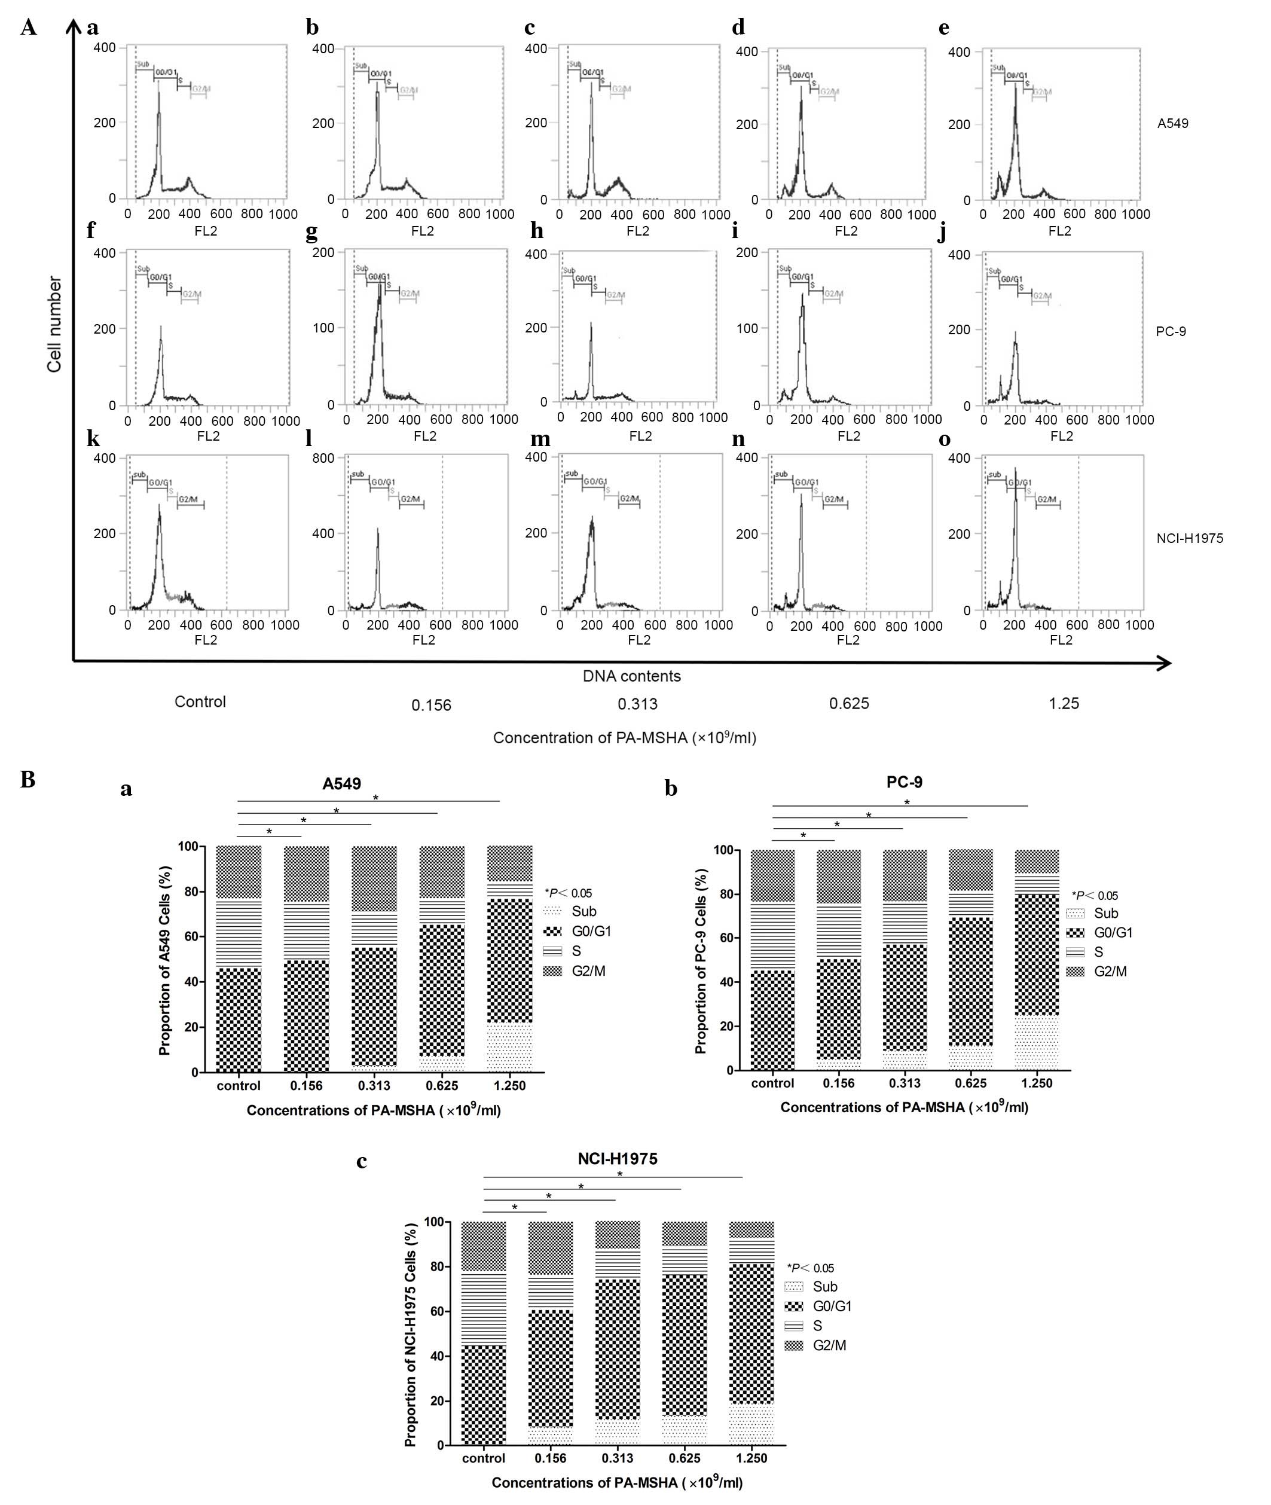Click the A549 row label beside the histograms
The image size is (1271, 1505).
pos(1172,123)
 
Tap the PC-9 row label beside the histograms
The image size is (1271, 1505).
pos(1170,331)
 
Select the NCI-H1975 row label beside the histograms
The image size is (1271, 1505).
pos(1189,538)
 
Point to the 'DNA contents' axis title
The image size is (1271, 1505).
pos(631,676)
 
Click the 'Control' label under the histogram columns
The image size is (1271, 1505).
pos(200,702)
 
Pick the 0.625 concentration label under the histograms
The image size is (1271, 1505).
pos(849,703)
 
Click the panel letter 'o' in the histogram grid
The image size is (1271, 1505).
pos(945,439)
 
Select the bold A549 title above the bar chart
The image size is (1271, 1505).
pos(341,783)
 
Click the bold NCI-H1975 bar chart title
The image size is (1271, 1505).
pos(617,1158)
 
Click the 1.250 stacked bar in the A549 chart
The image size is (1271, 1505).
pos(510,958)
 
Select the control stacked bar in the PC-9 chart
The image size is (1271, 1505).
pos(772,960)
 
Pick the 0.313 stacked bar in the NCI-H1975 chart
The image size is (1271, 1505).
pos(618,1333)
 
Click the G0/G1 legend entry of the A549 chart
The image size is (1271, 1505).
pos(591,931)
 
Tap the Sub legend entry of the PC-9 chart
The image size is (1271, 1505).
pos(1105,913)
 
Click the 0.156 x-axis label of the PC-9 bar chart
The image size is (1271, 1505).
pos(839,1083)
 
